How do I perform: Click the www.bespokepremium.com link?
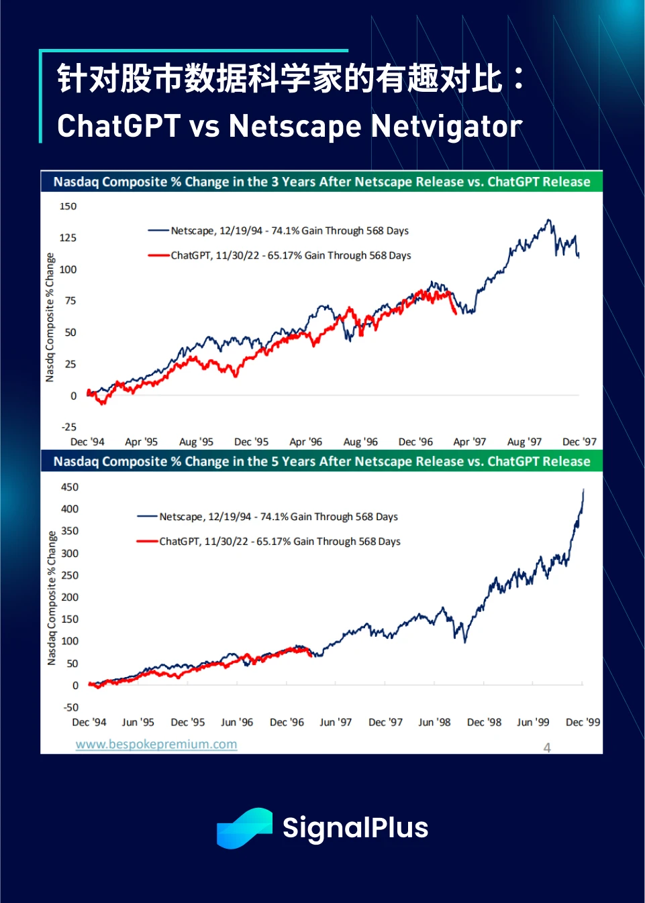point(156,744)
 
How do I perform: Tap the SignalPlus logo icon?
point(244,828)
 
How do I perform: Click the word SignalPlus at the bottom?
point(355,828)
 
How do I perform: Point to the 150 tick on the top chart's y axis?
point(68,206)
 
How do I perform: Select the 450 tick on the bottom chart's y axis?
point(69,487)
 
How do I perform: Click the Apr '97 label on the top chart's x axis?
point(469,442)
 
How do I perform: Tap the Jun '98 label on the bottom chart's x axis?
point(434,722)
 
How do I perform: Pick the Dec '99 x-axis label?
point(583,722)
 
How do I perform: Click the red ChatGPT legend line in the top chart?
point(158,255)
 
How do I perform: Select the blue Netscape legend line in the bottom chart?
point(147,517)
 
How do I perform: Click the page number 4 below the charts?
point(547,747)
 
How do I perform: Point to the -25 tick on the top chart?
point(68,427)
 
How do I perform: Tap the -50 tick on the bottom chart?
point(70,707)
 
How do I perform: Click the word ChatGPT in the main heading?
point(119,126)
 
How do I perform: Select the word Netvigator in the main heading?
point(446,126)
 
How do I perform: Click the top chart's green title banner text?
point(321,182)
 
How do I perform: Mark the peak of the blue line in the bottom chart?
point(583,490)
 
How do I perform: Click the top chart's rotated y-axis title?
point(50,317)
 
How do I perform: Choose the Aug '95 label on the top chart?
point(196,442)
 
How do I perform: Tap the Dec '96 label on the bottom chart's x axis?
point(287,722)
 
